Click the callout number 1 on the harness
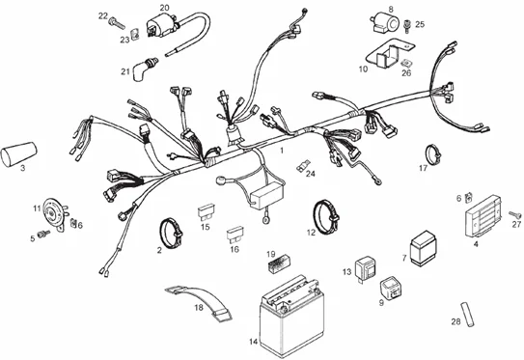coord(281,152)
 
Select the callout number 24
coord(310,174)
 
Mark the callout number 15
coord(204,228)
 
